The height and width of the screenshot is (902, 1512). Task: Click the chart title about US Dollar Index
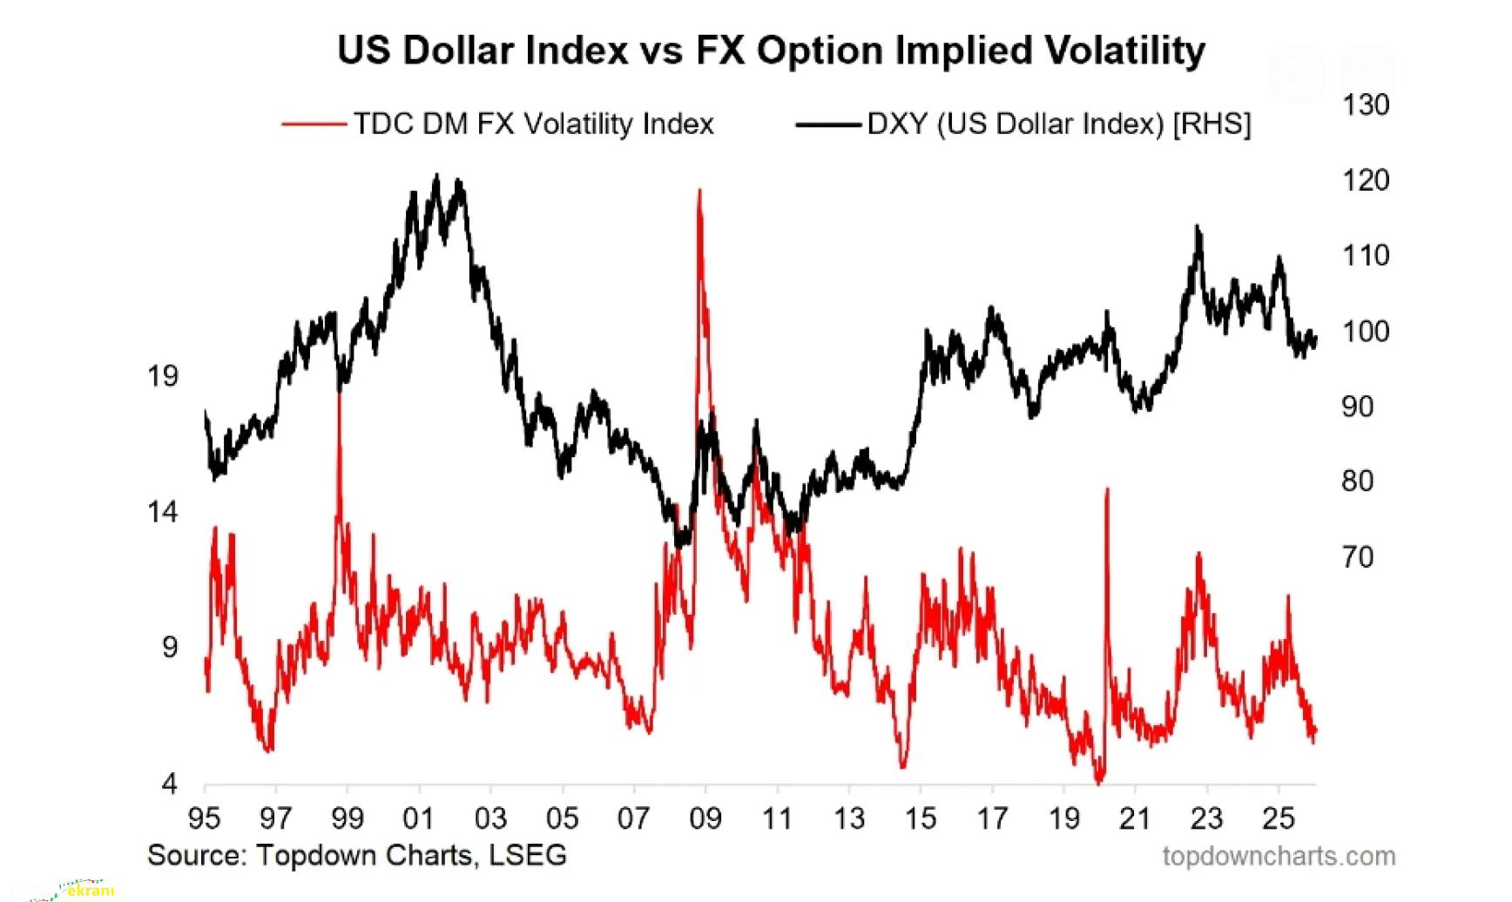pos(771,50)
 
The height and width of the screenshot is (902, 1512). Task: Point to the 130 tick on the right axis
pos(1365,105)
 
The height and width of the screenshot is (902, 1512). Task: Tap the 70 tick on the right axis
pos(1357,556)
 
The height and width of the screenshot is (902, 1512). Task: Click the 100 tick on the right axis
pos(1365,332)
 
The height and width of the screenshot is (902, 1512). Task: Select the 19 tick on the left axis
pos(163,376)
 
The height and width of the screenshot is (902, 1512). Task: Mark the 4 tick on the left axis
pos(169,784)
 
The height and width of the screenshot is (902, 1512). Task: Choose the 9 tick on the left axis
pos(169,648)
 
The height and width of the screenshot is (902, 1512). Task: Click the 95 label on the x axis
pos(205,818)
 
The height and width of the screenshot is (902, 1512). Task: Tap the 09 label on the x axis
pos(705,818)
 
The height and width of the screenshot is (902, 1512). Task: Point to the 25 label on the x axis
pos(1278,818)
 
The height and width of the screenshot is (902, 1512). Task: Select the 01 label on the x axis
pos(419,818)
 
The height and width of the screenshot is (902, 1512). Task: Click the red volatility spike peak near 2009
pos(699,191)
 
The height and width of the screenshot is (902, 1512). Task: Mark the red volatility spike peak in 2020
pos(1107,489)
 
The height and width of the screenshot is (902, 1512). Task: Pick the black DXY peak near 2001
pos(437,177)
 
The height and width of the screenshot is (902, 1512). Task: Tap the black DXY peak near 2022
pos(1198,226)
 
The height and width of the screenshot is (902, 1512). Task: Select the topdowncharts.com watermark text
pos(1279,857)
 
